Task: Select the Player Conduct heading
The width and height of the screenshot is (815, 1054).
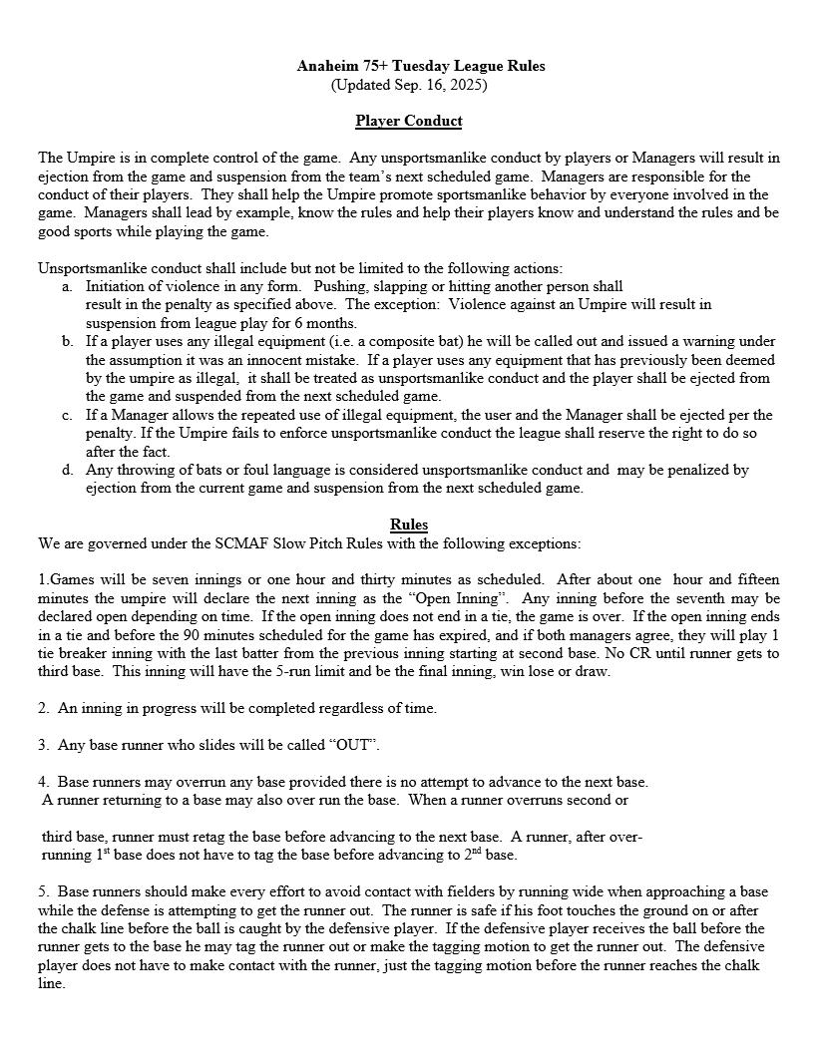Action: click(x=409, y=121)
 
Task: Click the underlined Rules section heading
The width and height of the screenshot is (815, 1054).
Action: click(x=409, y=525)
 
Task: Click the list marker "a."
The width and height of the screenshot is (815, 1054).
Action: click(x=67, y=286)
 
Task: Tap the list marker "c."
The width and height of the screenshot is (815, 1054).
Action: click(x=67, y=415)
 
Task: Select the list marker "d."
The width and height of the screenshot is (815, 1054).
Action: click(x=67, y=469)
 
